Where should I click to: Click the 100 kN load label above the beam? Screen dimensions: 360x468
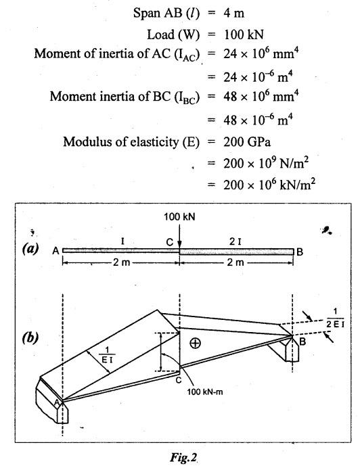point(179,216)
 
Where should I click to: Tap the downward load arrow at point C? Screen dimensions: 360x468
point(179,235)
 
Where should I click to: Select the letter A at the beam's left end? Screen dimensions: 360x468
point(56,252)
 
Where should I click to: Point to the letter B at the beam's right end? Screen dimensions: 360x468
point(300,252)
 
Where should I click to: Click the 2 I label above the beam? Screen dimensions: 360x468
point(235,241)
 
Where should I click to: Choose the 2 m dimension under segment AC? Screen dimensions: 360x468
point(122,262)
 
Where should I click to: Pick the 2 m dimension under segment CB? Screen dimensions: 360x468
point(235,262)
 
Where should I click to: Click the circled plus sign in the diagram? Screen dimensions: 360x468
point(195,344)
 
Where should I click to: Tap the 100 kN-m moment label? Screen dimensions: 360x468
point(205,392)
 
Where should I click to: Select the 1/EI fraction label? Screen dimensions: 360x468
point(107,354)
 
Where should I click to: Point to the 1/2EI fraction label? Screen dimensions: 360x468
point(335,318)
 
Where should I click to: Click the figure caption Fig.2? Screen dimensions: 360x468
point(184,457)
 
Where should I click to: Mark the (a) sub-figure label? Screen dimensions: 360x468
point(30,248)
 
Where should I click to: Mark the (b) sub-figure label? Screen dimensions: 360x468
point(30,337)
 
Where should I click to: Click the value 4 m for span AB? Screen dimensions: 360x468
point(233,13)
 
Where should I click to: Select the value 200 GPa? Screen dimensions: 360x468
point(247,141)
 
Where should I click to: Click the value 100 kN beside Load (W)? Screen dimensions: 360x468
point(244,34)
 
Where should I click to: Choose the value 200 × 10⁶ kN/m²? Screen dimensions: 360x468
point(269,184)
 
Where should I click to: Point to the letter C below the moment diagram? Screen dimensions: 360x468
point(179,380)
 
